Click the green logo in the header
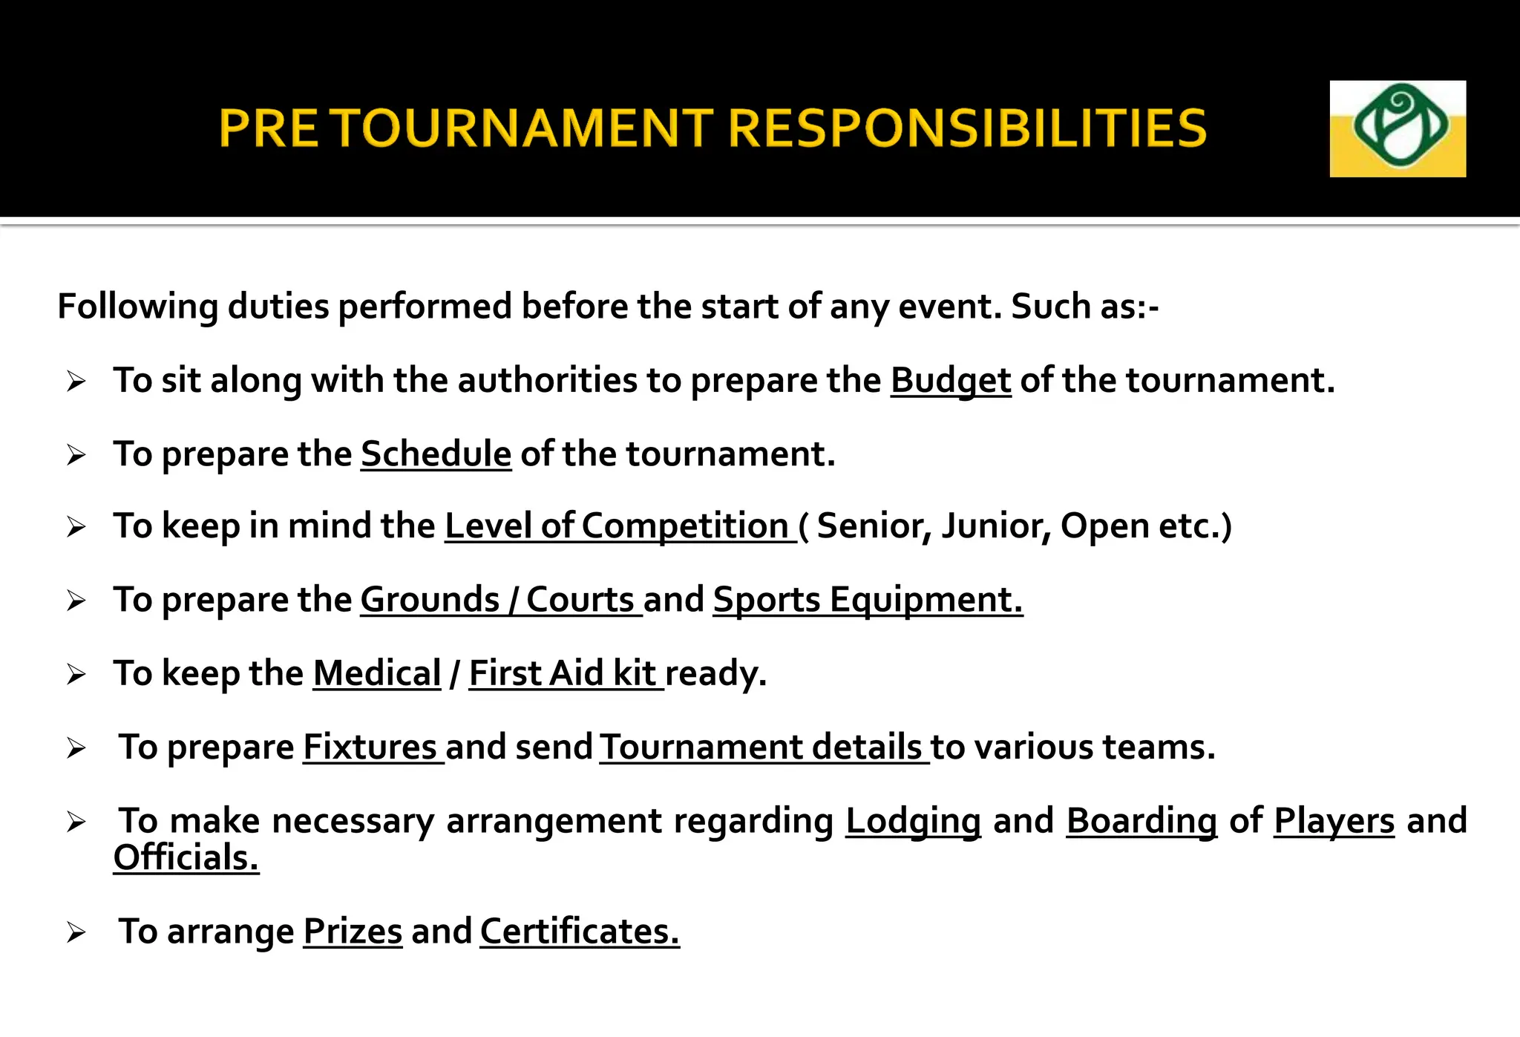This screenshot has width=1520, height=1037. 1398,128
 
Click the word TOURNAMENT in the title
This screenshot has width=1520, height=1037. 522,128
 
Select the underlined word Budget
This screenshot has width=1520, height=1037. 950,381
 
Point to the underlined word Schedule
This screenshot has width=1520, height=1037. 436,454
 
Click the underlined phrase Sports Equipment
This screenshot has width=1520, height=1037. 867,600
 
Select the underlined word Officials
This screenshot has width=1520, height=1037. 186,858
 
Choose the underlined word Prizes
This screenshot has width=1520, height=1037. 353,932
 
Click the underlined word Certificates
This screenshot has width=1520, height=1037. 579,932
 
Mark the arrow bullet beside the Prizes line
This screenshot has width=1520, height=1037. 76,932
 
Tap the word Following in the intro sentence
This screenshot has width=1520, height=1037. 137,307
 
